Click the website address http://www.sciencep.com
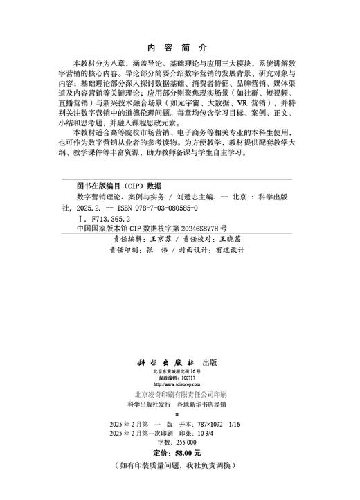point(179,384)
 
